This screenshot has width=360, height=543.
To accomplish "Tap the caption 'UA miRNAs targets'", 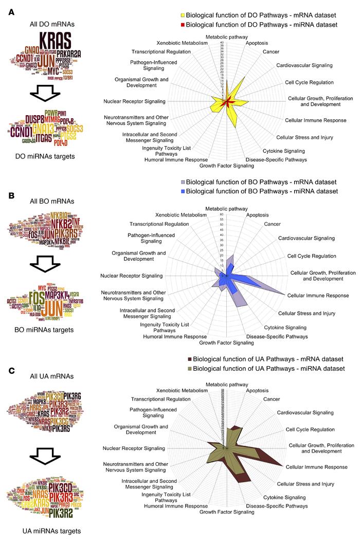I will (43, 530).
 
